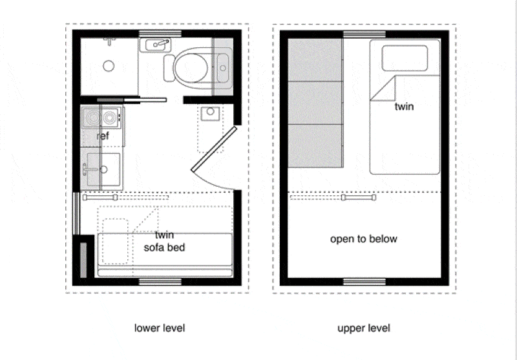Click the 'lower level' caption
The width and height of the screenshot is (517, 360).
[160, 328]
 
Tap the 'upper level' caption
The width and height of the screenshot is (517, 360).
[364, 328]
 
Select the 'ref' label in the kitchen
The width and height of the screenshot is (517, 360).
[103, 136]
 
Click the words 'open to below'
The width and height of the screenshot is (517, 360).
[364, 238]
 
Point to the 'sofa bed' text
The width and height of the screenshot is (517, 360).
[164, 248]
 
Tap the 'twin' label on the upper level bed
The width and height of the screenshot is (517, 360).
[404, 107]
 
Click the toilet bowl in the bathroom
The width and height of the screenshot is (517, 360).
[191, 68]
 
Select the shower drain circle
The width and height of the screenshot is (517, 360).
[109, 66]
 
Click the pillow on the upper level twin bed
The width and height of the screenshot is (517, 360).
[405, 58]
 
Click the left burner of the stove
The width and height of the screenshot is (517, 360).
[91, 118]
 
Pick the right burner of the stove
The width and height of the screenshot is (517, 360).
[109, 118]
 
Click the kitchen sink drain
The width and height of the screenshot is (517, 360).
[103, 169]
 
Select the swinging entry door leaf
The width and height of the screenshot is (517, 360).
[214, 149]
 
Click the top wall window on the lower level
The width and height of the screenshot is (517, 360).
[160, 34]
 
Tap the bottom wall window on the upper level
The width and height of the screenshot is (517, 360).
[364, 282]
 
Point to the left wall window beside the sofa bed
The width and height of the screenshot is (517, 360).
[76, 213]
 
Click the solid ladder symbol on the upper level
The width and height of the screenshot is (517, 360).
[359, 198]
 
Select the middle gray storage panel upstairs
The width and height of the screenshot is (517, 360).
[315, 103]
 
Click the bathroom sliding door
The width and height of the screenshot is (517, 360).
[132, 100]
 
